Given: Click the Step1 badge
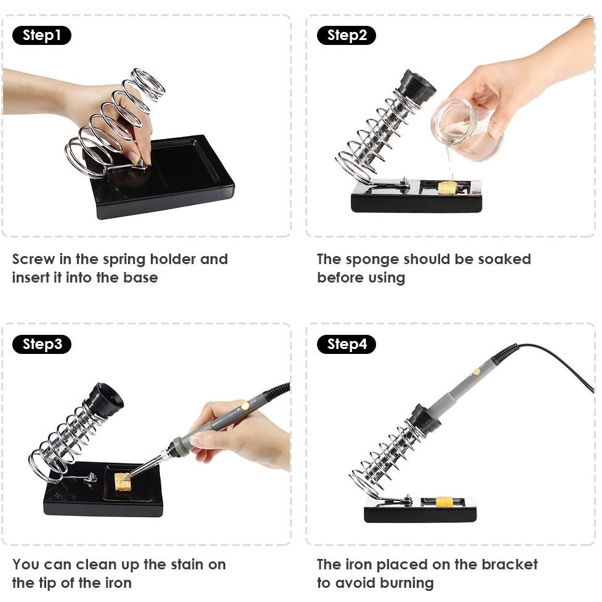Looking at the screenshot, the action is click(42, 35).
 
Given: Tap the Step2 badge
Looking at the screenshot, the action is click(347, 35).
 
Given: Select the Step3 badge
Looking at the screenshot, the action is click(42, 344).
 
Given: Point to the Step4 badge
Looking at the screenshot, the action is click(347, 344).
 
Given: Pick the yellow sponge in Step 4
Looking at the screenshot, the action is click(444, 502).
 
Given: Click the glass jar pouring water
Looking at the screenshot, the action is click(466, 129).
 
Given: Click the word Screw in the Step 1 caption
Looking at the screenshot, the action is click(33, 259).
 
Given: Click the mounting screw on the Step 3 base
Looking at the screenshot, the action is click(91, 478).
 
